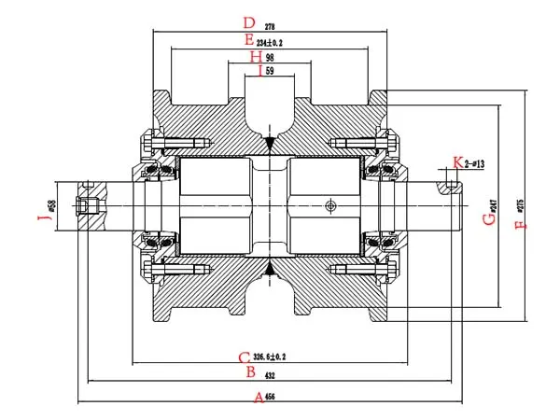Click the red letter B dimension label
tap(250, 372)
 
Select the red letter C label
tap(244, 357)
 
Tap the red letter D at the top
tap(247, 22)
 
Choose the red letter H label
tap(256, 57)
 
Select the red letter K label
tap(456, 163)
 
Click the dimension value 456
tap(271, 397)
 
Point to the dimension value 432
tap(270, 373)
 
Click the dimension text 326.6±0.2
tap(269, 357)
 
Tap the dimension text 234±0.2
tap(271, 42)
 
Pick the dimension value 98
tap(270, 58)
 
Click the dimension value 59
tap(271, 72)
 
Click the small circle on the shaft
tap(329, 205)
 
